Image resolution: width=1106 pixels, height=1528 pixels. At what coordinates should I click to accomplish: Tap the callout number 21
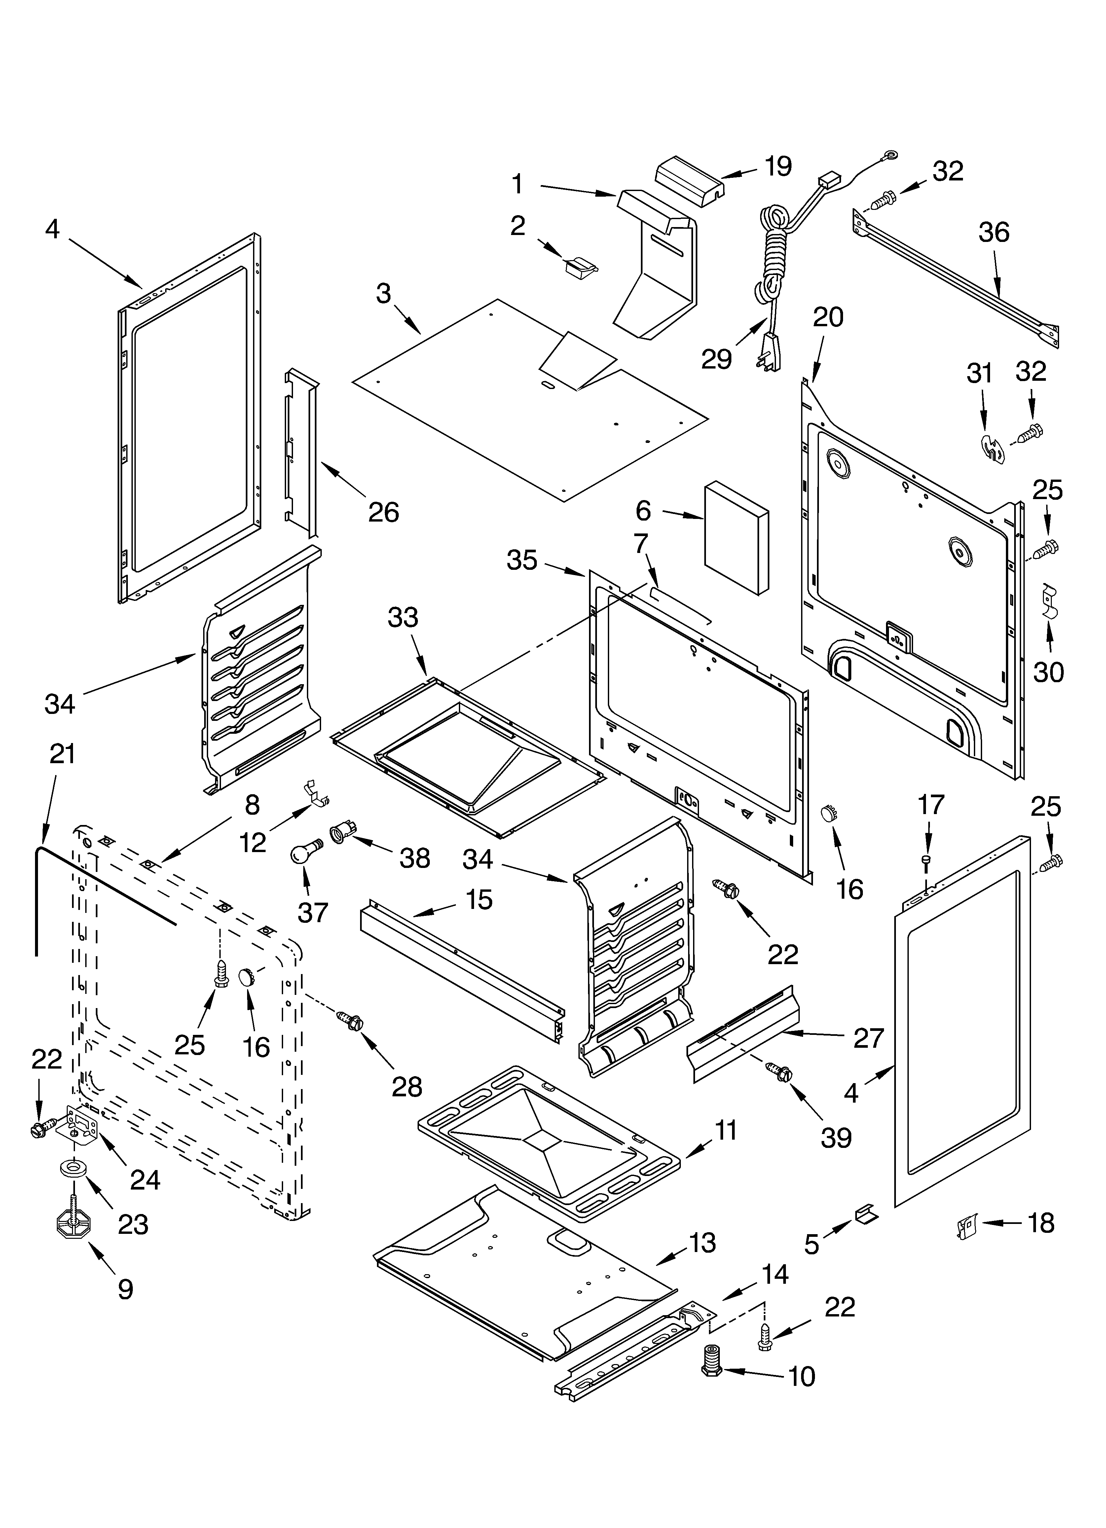point(63,754)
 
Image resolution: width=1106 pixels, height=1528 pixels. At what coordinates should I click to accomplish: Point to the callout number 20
point(828,317)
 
